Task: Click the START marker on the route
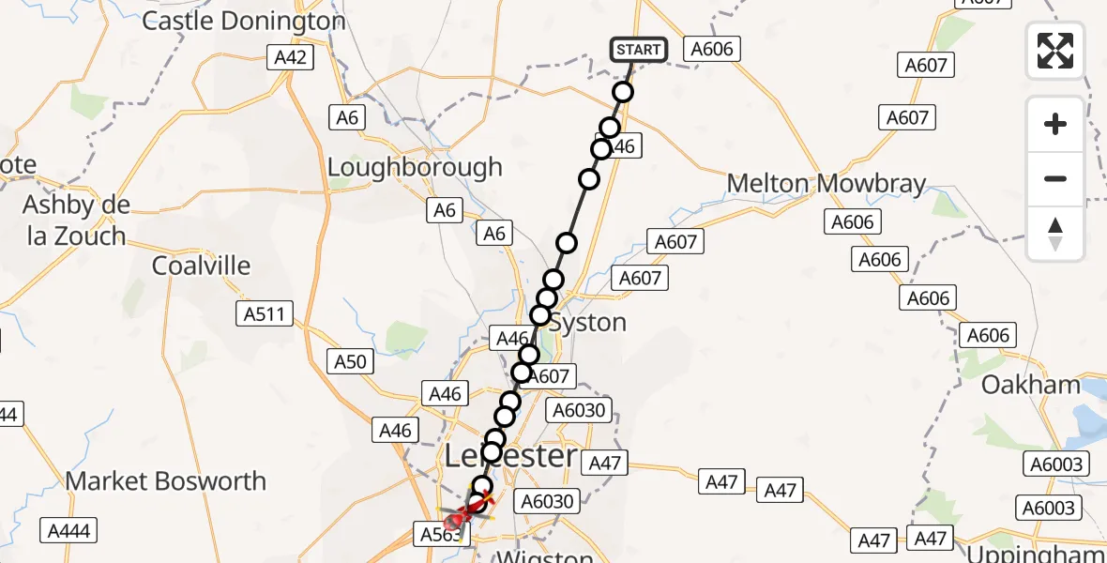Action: point(639,49)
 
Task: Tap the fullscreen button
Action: point(1055,51)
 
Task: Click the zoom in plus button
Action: point(1055,124)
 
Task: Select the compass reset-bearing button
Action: point(1055,234)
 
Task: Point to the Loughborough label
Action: point(415,168)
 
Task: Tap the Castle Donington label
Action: point(244,21)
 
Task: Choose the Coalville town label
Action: point(202,266)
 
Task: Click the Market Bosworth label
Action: point(166,481)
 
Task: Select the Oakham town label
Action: point(1031,385)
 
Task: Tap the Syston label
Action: point(587,323)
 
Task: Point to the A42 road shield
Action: point(290,57)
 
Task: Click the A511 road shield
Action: point(266,313)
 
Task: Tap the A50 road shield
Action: point(348,359)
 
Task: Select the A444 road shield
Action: point(69,532)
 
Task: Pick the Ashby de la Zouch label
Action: point(77,220)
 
